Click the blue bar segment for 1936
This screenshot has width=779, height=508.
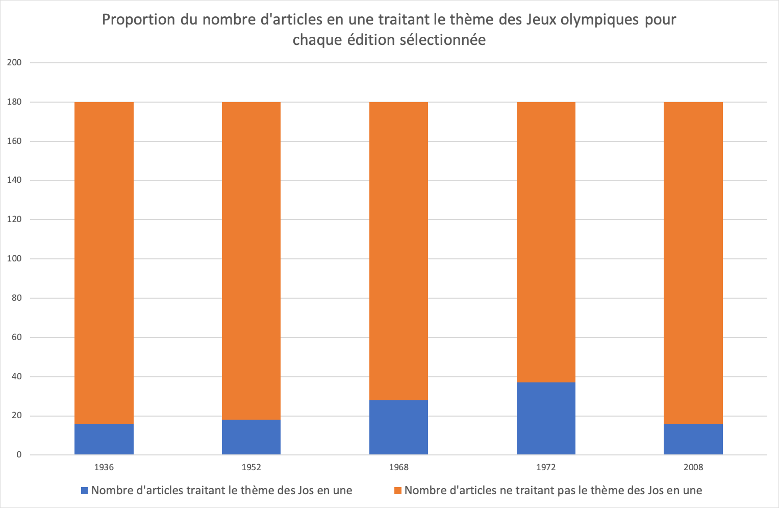104,439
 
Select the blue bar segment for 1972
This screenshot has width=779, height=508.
546,419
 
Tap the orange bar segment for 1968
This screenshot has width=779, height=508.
398,250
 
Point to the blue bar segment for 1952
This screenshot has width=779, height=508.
251,437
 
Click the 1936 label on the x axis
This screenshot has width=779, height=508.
104,467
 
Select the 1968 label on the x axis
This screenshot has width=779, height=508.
398,467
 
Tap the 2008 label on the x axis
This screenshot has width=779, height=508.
693,467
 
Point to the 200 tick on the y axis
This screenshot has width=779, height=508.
14,63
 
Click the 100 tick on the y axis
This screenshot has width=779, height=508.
14,259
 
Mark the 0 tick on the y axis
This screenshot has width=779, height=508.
19,455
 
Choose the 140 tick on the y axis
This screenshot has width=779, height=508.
14,180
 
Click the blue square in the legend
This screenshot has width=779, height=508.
85,491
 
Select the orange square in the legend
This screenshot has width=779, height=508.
398,491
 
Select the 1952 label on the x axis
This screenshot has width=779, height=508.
251,467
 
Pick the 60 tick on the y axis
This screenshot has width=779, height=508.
16,337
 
